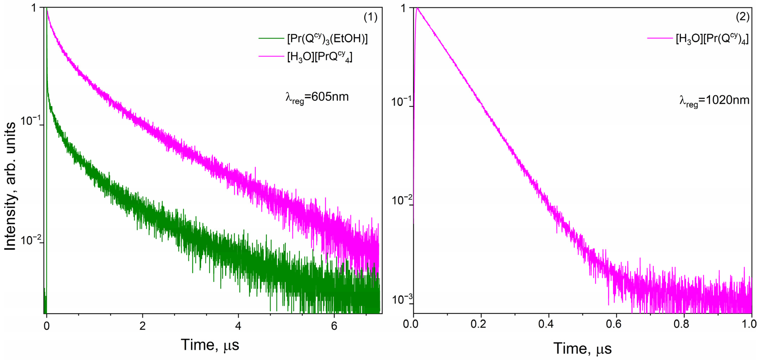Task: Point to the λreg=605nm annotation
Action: [317, 97]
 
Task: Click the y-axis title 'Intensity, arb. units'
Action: [10, 186]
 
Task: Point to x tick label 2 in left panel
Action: [142, 326]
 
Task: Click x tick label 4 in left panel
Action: [238, 326]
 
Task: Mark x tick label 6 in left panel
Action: [334, 326]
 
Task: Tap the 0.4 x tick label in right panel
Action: [546, 324]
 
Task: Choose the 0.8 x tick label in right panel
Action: [681, 324]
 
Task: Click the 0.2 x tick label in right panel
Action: [478, 324]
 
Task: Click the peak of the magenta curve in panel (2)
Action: [417, 8]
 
